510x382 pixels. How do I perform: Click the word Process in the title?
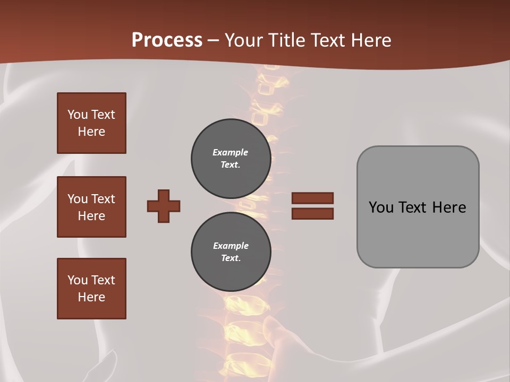[167, 40]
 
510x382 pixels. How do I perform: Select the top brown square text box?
[91, 123]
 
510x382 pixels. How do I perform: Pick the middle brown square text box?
[91, 207]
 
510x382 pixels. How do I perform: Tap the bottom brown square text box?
[91, 288]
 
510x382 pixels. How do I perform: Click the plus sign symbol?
[164, 206]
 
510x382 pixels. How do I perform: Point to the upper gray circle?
[231, 159]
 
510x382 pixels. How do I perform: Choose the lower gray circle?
[231, 251]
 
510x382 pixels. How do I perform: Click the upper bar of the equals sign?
[312, 198]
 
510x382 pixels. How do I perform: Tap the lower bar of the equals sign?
[312, 214]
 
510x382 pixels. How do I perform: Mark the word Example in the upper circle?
[230, 152]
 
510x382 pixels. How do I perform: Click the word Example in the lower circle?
[231, 246]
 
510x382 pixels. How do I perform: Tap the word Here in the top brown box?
[91, 132]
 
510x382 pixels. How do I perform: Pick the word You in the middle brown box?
[77, 199]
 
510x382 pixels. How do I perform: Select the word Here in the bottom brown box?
[91, 297]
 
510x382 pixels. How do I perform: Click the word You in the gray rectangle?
[381, 207]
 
